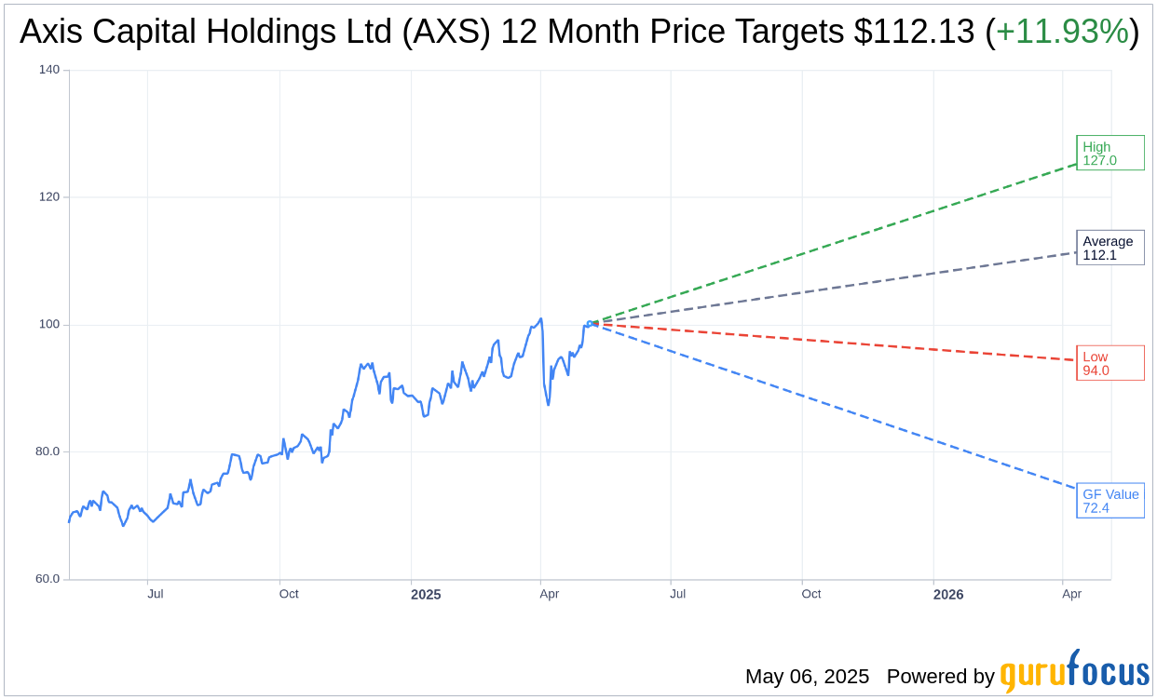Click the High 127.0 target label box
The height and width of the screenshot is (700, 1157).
tap(1109, 153)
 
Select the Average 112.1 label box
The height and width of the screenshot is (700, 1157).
tap(1109, 248)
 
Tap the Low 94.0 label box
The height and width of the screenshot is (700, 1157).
tap(1109, 363)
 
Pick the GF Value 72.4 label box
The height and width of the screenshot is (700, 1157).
tap(1109, 501)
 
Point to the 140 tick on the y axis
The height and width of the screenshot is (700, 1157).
tap(48, 70)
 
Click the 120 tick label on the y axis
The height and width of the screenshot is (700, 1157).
tap(48, 197)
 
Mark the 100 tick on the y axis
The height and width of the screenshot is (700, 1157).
tap(48, 325)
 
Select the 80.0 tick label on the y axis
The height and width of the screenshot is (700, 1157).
tap(47, 451)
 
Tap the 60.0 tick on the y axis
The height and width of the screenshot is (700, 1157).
tap(47, 579)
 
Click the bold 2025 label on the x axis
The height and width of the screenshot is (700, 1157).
tap(426, 595)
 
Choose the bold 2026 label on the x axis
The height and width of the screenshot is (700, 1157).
tap(948, 595)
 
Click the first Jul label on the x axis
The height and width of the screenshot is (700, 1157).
tap(156, 594)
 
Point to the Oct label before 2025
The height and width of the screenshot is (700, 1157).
tap(289, 594)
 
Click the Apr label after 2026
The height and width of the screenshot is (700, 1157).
tap(1071, 594)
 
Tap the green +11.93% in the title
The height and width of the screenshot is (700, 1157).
tap(1062, 32)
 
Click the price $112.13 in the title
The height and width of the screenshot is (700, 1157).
tap(914, 32)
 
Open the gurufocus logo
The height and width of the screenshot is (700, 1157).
tap(1074, 672)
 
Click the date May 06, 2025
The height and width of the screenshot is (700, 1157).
tap(807, 677)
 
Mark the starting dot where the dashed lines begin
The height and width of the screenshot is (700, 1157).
tap(590, 324)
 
